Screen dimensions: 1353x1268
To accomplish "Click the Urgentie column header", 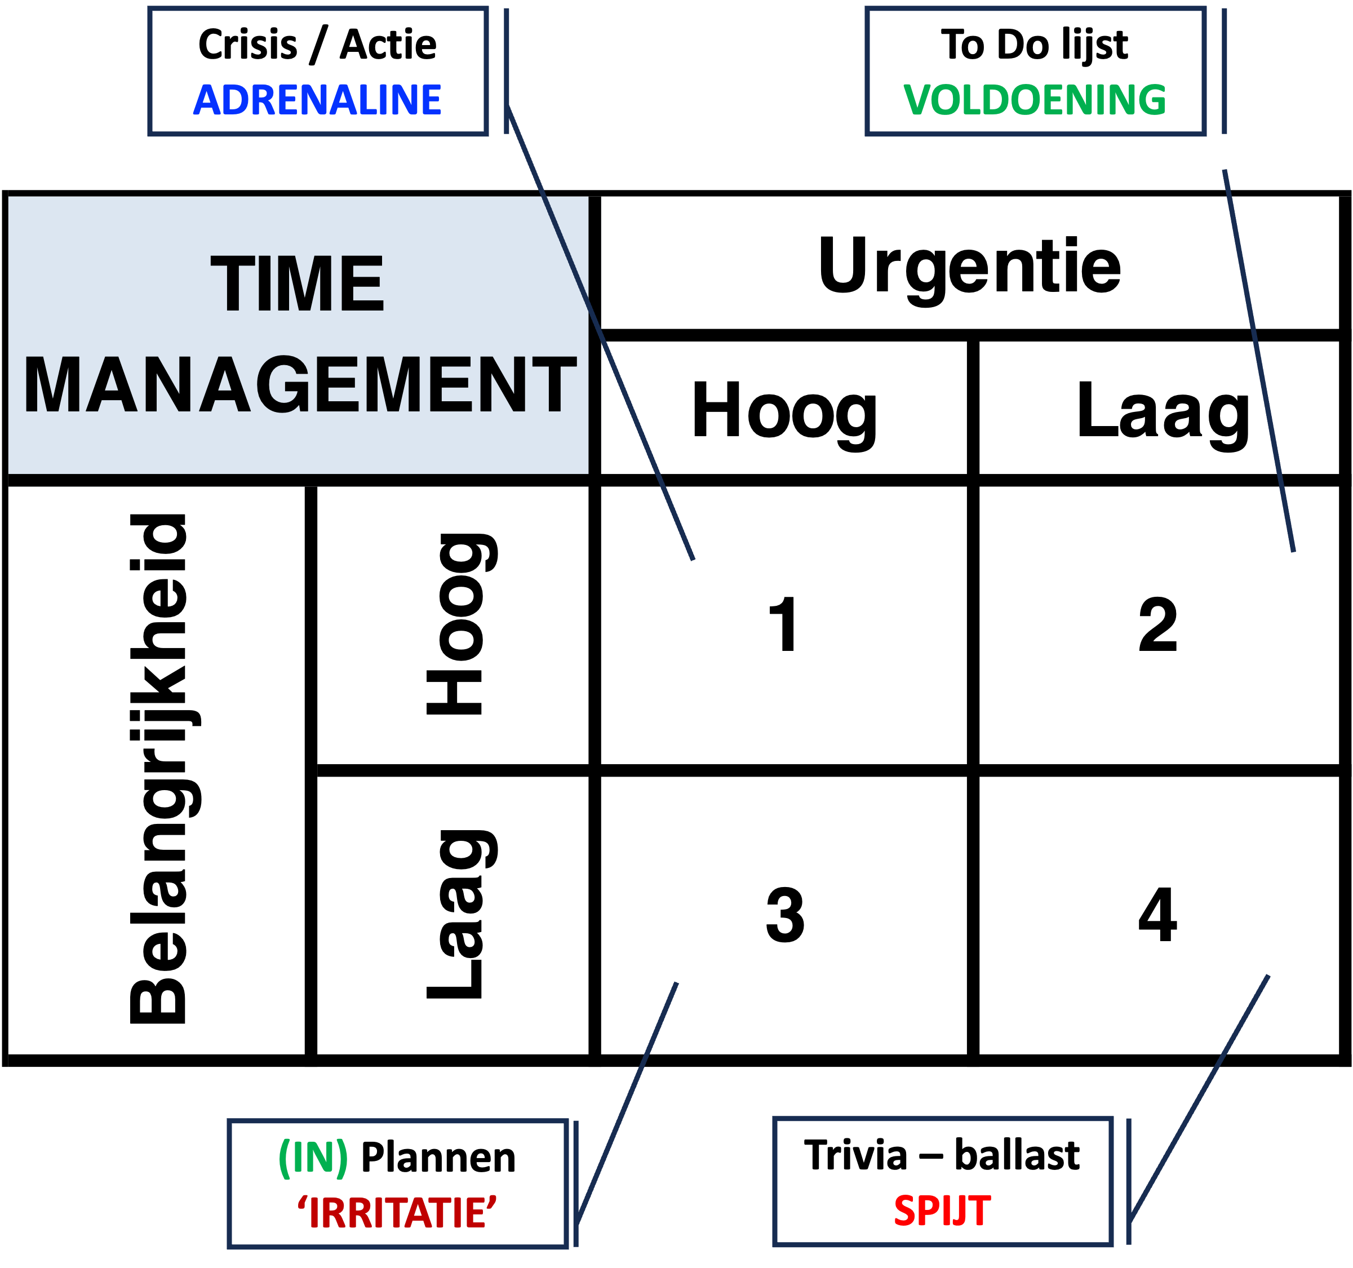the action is (x=969, y=268).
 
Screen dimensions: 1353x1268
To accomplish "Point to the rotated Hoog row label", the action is (x=460, y=624).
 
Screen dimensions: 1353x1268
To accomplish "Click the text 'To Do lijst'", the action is (x=1035, y=45).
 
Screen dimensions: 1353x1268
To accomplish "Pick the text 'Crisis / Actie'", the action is (x=317, y=45).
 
